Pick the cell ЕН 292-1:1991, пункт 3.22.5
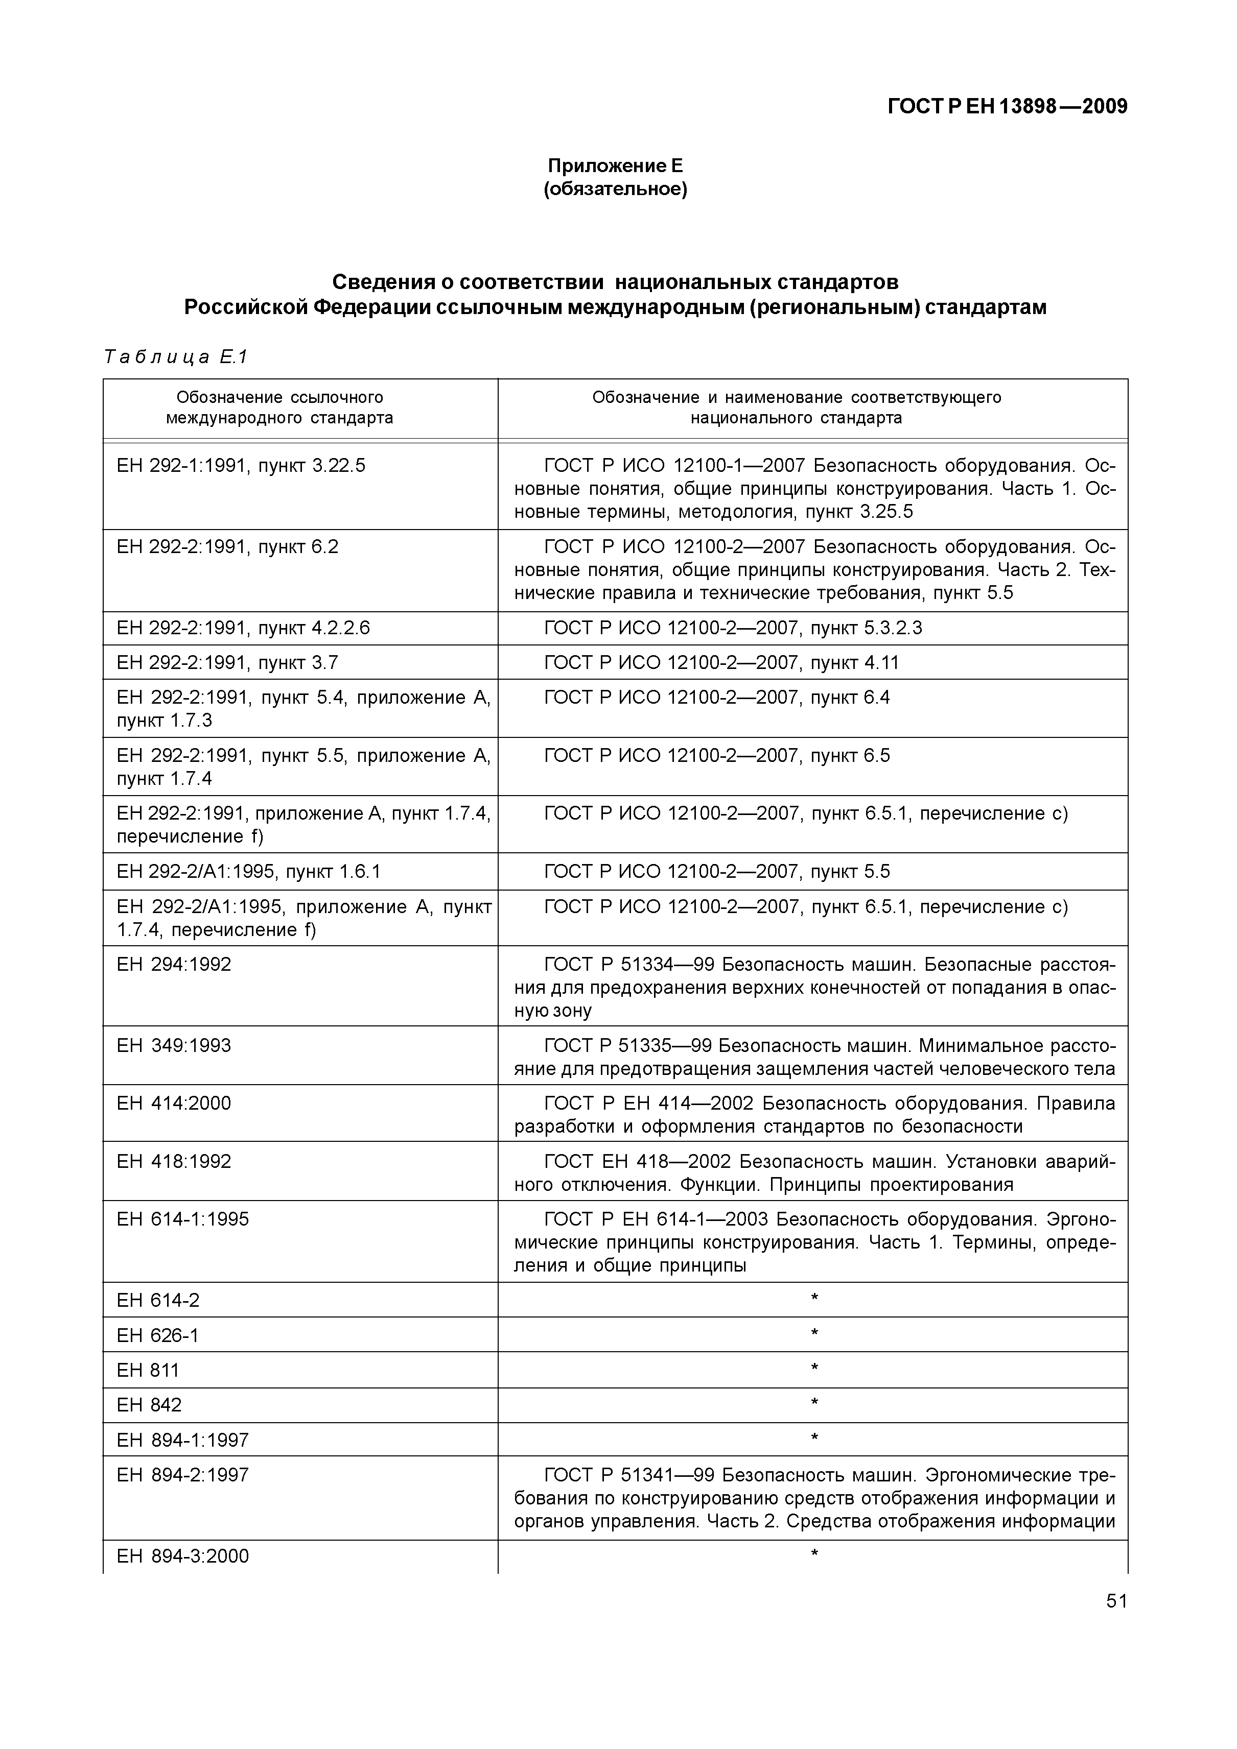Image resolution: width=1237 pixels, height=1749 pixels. point(241,465)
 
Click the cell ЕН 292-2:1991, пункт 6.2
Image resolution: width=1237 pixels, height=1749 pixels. point(227,547)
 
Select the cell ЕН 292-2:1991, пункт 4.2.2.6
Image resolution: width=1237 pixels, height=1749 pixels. point(243,628)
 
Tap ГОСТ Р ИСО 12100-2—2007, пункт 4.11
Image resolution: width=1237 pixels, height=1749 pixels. point(721,663)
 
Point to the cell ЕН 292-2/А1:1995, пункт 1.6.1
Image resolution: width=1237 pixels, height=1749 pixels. point(248,872)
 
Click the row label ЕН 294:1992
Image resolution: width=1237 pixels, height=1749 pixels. point(174,965)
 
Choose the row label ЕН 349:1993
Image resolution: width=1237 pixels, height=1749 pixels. point(174,1045)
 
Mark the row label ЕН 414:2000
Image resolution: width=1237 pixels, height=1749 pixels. point(174,1103)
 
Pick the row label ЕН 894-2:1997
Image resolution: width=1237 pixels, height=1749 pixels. point(183,1475)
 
